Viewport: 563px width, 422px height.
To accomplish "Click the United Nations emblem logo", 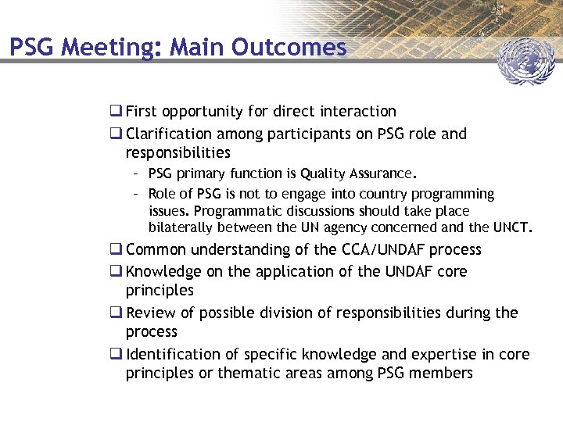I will coord(525,61).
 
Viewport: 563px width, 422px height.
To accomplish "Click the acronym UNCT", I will coord(511,228).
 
